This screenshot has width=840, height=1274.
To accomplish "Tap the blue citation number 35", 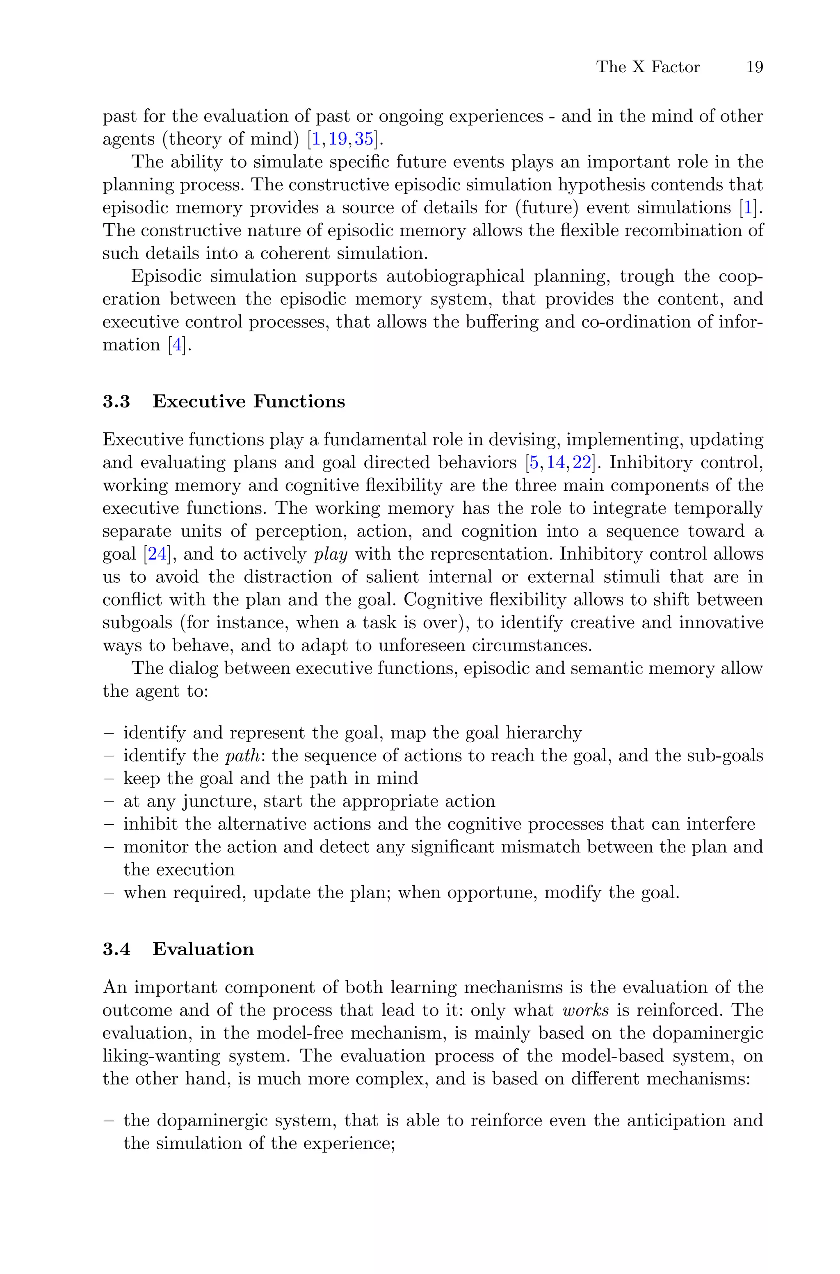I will click(x=364, y=139).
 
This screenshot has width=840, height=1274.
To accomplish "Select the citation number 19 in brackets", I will click(x=338, y=139).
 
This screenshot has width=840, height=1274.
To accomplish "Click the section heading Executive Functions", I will click(x=249, y=401).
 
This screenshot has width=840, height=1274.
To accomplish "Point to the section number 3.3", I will click(x=116, y=401).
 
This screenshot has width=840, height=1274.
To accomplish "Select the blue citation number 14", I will click(x=555, y=462).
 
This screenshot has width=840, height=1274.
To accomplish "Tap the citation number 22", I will click(x=582, y=462).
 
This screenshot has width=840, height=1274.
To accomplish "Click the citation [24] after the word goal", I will click(x=157, y=554).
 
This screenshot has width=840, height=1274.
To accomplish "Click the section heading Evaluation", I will click(x=203, y=949).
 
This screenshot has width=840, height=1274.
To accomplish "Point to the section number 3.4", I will click(x=116, y=949).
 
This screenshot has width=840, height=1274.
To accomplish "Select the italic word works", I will click(x=586, y=1011).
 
